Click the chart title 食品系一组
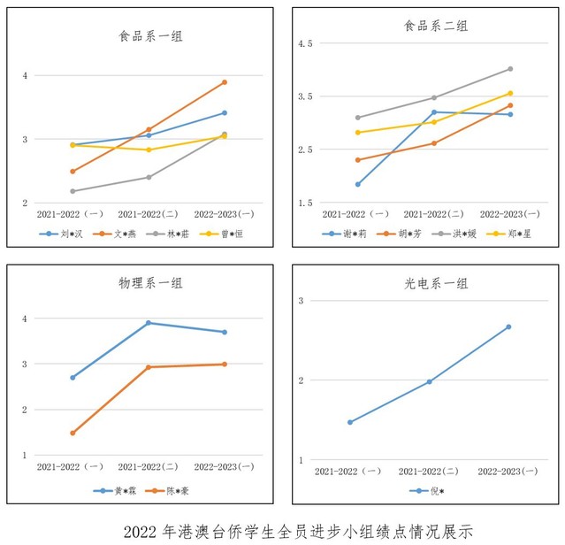coord(151,36)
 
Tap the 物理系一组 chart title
coord(151,284)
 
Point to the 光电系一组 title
coord(437,284)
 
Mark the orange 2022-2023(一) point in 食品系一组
coord(225,82)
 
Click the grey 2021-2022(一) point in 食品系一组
coord(73,191)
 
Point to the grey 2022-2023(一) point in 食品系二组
coord(510,69)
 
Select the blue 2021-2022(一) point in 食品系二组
coord(357,184)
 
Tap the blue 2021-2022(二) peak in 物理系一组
coord(149,323)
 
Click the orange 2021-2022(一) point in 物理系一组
coord(73,433)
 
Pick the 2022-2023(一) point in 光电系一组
coord(508,327)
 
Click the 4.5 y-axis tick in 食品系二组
coord(304,43)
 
